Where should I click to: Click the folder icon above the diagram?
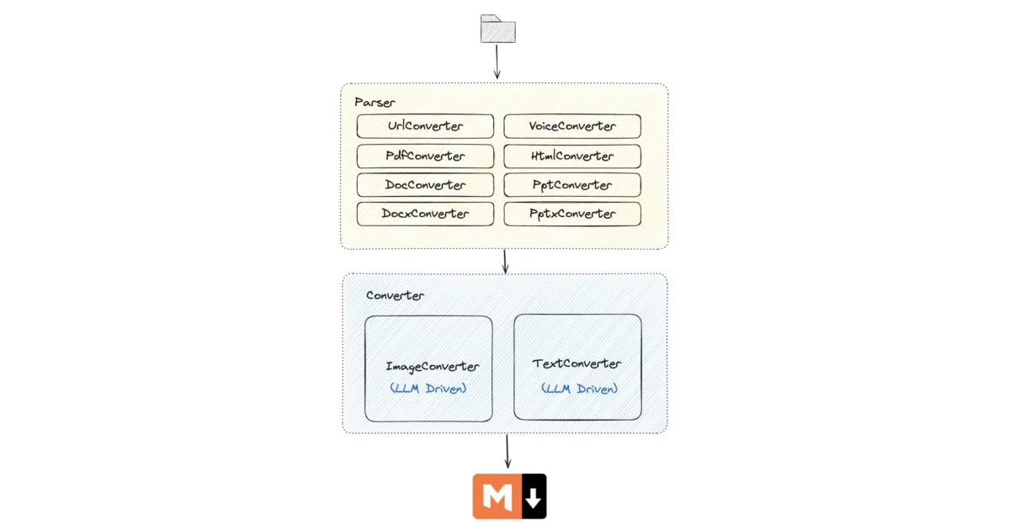tap(497, 29)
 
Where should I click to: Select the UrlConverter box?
tap(425, 126)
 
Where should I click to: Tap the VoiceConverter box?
tap(572, 126)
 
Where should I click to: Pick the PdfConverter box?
tap(425, 156)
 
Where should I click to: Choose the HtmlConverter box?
tap(572, 156)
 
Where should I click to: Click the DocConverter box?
tap(425, 185)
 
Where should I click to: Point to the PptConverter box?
tap(572, 185)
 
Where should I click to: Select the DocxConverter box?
tap(425, 214)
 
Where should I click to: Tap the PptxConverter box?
tap(572, 214)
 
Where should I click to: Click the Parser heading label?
tap(375, 103)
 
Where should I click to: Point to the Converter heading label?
tap(395, 295)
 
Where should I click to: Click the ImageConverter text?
tap(433, 367)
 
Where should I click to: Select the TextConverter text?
tap(577, 363)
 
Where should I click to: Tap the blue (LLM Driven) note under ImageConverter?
tap(428, 389)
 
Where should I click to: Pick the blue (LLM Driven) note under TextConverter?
tap(579, 389)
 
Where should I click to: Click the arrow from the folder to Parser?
tap(497, 61)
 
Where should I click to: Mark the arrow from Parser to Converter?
tap(505, 262)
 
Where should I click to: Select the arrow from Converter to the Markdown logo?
tap(508, 451)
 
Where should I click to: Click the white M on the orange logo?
tap(497, 496)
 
